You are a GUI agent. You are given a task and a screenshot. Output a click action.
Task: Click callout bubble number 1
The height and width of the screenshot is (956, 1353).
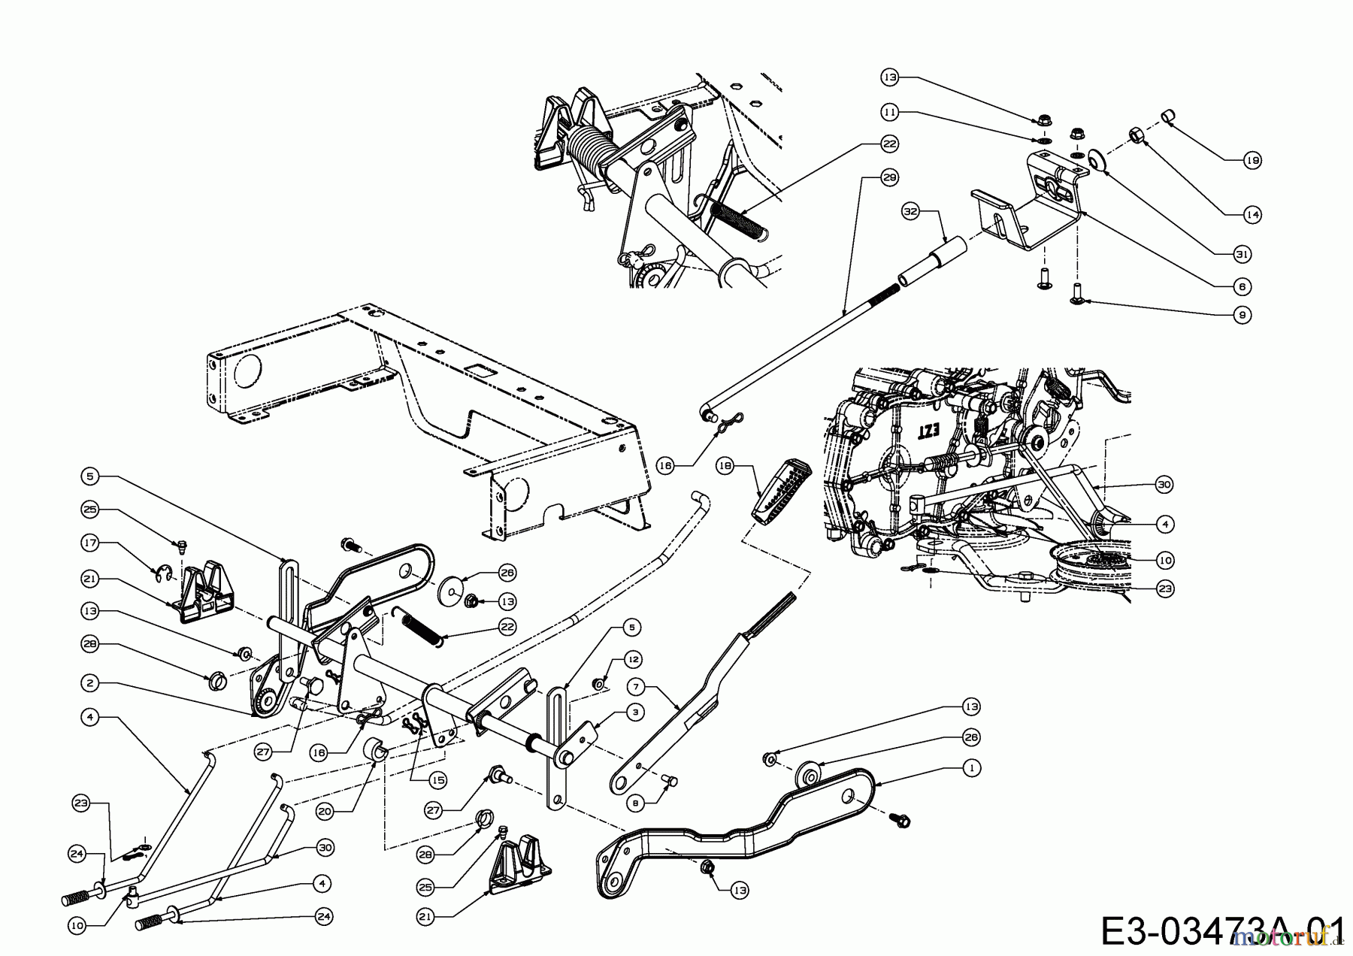click(971, 769)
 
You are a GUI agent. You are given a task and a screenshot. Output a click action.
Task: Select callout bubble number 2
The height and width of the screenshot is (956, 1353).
click(90, 683)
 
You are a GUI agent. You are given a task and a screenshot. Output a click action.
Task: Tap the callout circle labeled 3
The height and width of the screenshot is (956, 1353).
click(636, 712)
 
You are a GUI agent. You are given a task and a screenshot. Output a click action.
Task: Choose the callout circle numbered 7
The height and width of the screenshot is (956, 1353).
click(636, 686)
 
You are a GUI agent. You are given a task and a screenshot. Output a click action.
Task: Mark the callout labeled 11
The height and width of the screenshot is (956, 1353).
click(890, 112)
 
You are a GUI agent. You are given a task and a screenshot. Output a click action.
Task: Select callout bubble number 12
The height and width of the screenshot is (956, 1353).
click(633, 659)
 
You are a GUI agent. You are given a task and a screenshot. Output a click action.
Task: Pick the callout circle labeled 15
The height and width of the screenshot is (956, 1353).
click(437, 781)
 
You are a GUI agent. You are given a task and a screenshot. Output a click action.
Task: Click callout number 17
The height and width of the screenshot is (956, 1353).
click(90, 542)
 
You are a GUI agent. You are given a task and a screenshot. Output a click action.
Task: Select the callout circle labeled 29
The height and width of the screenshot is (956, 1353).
click(890, 178)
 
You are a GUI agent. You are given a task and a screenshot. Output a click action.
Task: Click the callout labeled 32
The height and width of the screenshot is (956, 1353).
click(911, 213)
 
